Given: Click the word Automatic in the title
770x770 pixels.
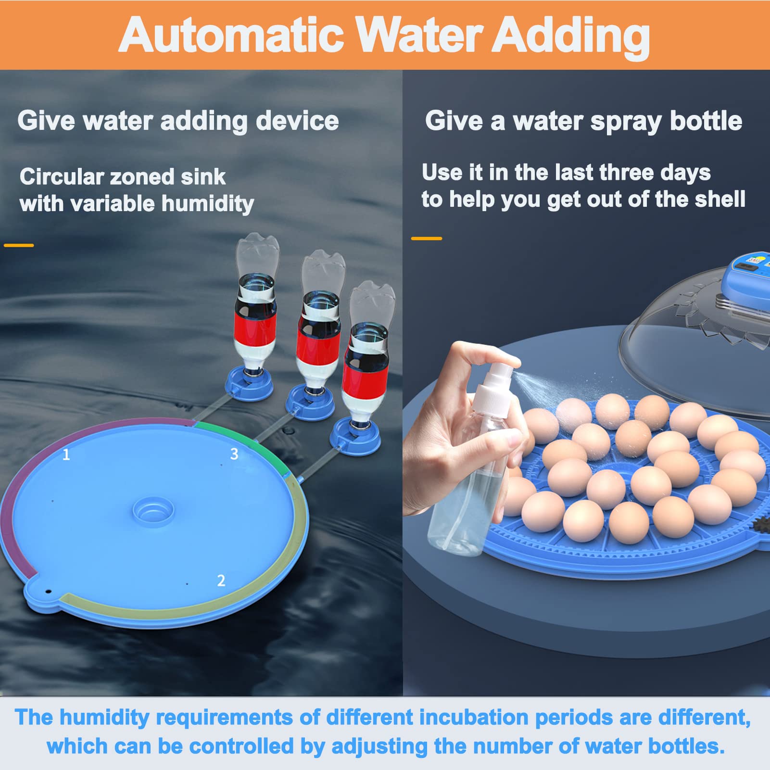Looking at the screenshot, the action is [x=231, y=35].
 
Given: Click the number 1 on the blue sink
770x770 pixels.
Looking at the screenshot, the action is [x=66, y=454].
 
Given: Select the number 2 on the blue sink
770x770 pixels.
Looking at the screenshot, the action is [x=221, y=581].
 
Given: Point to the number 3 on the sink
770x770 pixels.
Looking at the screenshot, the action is [x=234, y=454].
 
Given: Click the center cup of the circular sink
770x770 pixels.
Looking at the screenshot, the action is [x=153, y=511].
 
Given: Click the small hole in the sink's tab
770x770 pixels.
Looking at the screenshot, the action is [x=48, y=590].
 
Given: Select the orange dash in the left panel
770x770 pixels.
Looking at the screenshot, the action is [x=19, y=245].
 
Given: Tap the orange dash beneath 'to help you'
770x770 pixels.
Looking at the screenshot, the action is [x=427, y=238].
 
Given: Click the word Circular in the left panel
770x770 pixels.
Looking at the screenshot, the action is [x=62, y=177].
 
